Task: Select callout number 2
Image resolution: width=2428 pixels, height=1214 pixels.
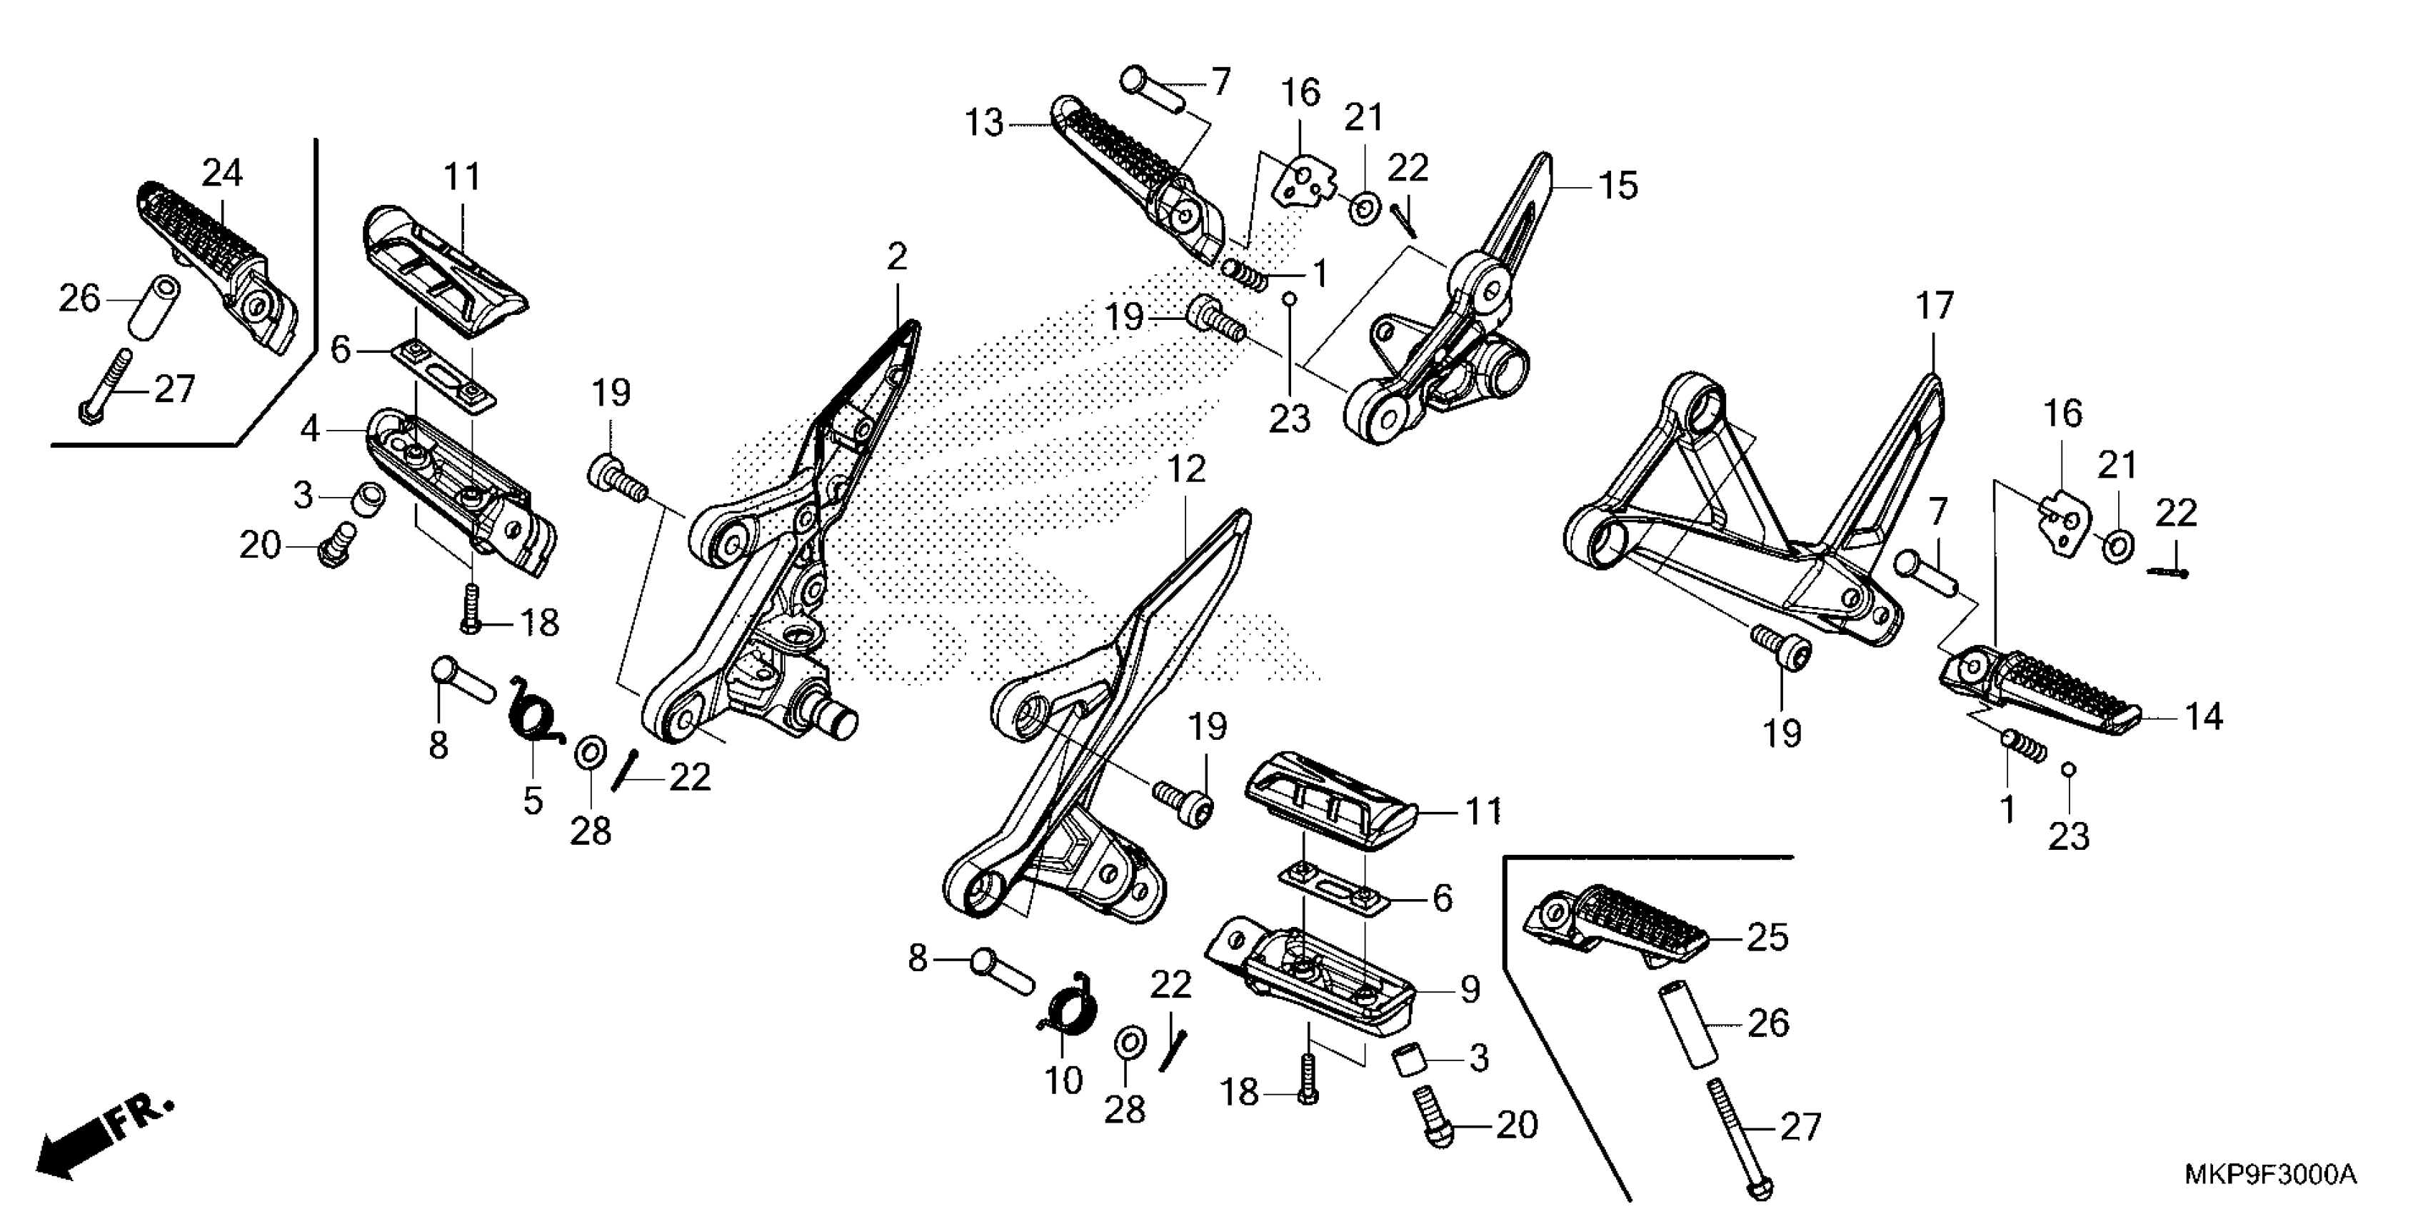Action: [x=896, y=256]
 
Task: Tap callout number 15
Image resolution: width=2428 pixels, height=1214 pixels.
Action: [x=1617, y=186]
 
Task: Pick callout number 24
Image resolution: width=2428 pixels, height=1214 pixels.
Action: [x=222, y=174]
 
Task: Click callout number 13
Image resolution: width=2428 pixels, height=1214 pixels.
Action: [x=984, y=124]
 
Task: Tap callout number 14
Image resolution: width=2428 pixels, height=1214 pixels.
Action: [x=2203, y=717]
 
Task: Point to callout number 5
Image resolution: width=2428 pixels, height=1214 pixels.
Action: [x=533, y=801]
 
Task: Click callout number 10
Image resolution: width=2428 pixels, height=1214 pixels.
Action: [x=1063, y=1081]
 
